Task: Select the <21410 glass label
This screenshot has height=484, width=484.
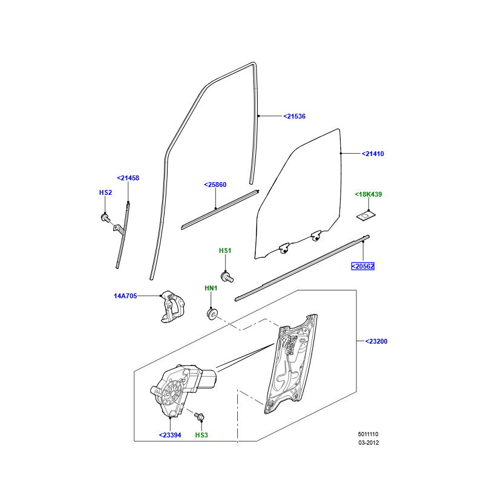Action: coord(373,154)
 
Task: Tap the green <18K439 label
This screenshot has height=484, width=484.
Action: coord(368,194)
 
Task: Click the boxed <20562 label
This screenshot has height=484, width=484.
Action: coord(363,266)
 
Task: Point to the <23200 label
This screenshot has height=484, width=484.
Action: coord(376,341)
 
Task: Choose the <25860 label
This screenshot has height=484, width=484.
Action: coord(215,185)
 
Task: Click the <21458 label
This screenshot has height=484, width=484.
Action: coord(128,178)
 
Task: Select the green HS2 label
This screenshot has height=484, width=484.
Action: coord(105,192)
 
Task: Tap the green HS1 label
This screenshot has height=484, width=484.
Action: coord(225,250)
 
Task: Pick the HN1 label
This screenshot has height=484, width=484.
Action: coord(211,289)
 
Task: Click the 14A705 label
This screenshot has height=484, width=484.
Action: coord(125,296)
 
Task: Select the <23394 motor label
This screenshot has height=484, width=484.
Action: coord(171,435)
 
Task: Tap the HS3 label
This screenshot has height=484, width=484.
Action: coord(201,435)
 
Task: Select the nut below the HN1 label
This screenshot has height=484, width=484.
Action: coord(212,314)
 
